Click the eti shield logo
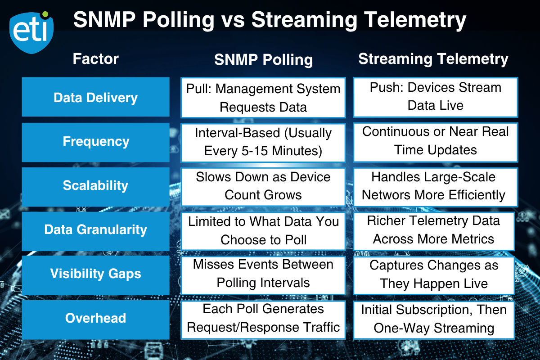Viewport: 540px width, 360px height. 31,31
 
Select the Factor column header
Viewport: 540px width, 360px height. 96,58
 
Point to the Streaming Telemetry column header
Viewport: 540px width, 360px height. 433,59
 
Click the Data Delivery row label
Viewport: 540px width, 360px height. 95,97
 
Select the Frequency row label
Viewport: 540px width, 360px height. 95,141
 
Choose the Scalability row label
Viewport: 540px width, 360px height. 95,185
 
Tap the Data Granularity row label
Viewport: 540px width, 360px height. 95,229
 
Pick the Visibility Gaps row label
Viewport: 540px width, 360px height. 95,274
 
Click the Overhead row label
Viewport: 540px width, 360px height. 95,318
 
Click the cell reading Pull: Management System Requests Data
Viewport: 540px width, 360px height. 263,97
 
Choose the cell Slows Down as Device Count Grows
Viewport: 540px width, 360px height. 263,185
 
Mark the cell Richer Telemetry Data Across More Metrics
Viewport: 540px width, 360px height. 433,229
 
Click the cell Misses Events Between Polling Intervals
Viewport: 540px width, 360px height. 263,274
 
